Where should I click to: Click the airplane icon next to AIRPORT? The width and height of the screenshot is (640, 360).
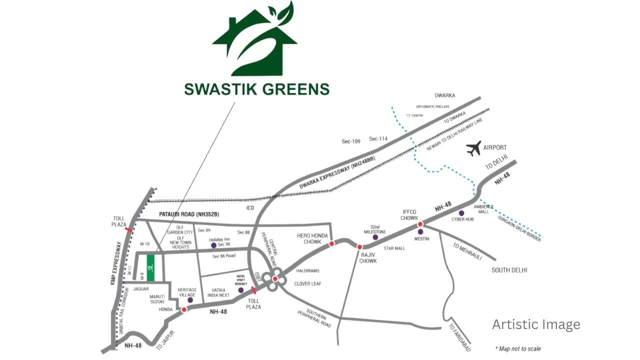tap(473, 148)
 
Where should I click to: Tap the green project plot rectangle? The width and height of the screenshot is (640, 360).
tap(150, 267)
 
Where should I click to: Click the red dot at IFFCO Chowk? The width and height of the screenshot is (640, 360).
tap(420, 224)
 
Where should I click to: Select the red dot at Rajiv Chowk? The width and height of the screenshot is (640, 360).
tap(359, 247)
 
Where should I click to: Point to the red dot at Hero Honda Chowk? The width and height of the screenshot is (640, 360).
tap(331, 244)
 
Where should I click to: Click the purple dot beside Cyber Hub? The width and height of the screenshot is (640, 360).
tap(461, 213)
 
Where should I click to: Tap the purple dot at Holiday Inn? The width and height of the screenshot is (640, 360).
tap(214, 245)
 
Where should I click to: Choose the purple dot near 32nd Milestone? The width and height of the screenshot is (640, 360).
tap(375, 237)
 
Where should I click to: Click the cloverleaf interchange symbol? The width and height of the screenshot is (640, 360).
tap(275, 279)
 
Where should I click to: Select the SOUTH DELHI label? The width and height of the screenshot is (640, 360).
tap(509, 270)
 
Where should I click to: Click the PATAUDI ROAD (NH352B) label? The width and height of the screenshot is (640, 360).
tap(189, 214)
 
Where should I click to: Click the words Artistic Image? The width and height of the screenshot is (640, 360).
tap(536, 324)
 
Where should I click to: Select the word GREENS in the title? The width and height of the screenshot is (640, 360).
tap(291, 89)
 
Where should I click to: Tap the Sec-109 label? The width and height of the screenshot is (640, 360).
tap(351, 141)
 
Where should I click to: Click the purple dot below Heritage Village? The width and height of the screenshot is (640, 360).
tap(190, 300)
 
